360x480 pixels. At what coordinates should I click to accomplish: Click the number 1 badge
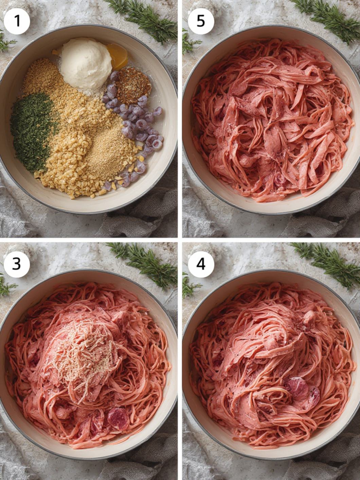pyautogui.click(x=17, y=21)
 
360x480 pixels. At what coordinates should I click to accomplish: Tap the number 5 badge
pyautogui.click(x=201, y=21)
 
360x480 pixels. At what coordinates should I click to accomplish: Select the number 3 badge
pyautogui.click(x=17, y=264)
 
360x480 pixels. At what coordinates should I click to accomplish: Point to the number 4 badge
pyautogui.click(x=201, y=264)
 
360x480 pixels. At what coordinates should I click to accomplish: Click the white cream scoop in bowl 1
pyautogui.click(x=86, y=63)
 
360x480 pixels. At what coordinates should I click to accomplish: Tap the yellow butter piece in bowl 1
pyautogui.click(x=118, y=56)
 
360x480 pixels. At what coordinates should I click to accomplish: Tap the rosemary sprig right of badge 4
pyautogui.click(x=327, y=264)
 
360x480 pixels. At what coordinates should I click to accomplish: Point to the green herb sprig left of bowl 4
pyautogui.click(x=190, y=284)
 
